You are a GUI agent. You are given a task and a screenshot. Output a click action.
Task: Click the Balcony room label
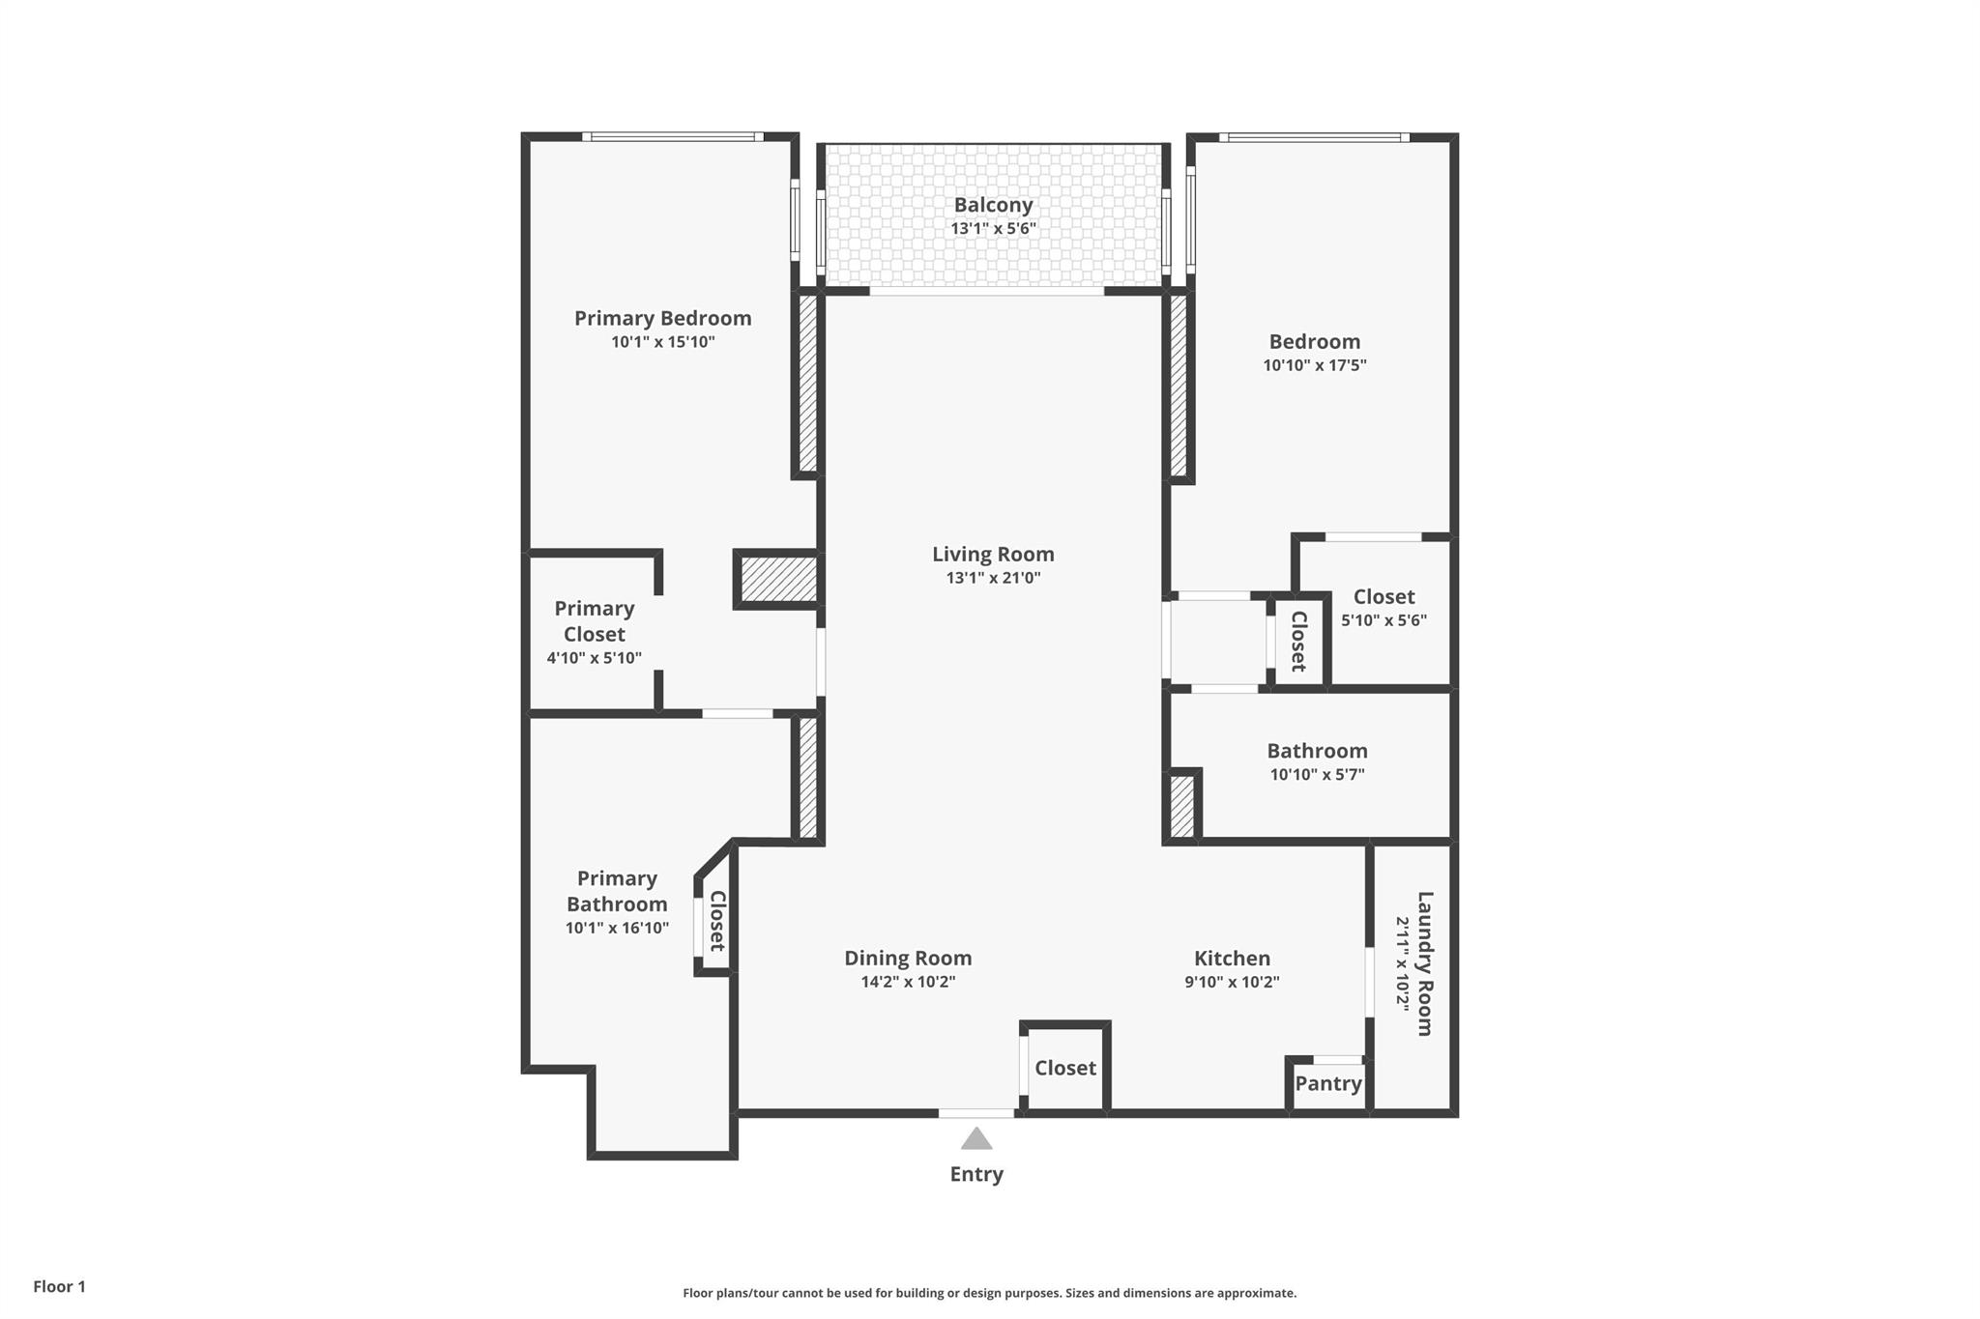pos(993,205)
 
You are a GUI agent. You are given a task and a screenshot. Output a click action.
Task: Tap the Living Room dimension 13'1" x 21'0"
pos(993,578)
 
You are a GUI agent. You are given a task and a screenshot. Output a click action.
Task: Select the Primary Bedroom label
pos(662,318)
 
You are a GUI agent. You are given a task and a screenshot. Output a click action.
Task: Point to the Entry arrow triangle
pos(976,1138)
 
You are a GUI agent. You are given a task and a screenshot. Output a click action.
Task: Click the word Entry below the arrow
pos(976,1174)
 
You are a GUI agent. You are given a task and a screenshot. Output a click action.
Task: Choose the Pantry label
pos(1328,1083)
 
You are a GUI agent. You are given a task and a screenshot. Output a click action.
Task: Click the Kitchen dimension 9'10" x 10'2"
pos(1232,982)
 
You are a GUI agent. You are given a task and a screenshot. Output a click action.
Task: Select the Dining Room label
pos(908,958)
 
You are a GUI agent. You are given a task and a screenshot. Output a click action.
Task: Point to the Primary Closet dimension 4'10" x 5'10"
pos(594,658)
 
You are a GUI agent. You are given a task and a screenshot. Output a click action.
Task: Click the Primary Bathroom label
pos(617,891)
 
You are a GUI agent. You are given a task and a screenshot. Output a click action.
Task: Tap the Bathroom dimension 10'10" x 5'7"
pos(1317,774)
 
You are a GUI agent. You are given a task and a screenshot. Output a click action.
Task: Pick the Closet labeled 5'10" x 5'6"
pos(1383,597)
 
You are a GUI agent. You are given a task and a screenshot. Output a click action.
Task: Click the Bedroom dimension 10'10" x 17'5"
pos(1315,365)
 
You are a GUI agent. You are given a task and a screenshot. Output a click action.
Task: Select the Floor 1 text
pos(59,1286)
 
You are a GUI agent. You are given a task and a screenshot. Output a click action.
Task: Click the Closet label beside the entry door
pos(1065,1068)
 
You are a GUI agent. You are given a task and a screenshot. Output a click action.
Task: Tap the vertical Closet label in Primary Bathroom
pos(717,921)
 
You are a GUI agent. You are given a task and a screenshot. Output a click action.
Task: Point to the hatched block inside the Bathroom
pos(1182,806)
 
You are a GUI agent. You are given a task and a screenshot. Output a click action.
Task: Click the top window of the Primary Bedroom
pos(673,137)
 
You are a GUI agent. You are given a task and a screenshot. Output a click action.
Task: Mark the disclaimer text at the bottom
pos(990,1293)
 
